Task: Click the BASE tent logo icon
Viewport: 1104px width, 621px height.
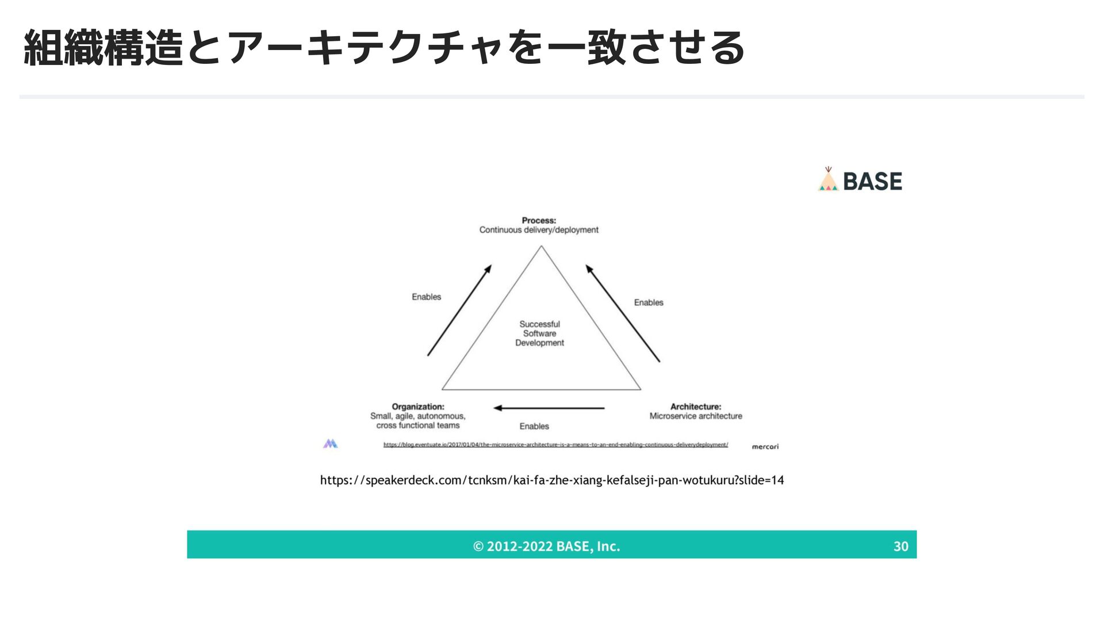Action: [828, 179]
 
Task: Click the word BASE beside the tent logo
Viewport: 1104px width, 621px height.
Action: [872, 182]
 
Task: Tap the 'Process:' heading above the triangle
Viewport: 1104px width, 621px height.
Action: [539, 220]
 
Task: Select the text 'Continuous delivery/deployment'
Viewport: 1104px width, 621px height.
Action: [539, 230]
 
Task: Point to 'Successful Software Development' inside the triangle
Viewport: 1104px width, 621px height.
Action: [539, 333]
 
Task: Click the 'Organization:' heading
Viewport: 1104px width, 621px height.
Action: [418, 407]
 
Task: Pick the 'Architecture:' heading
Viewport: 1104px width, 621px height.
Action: [696, 407]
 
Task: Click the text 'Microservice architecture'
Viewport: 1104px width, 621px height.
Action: [696, 416]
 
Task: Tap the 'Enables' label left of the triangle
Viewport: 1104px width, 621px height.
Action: [426, 297]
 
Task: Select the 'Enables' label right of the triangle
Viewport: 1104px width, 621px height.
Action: [649, 302]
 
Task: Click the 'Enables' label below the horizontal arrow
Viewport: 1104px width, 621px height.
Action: [534, 426]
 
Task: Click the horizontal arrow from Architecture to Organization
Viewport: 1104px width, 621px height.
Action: [549, 408]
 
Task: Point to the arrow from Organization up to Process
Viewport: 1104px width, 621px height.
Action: [459, 310]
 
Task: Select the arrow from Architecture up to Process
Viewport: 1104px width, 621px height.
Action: [623, 313]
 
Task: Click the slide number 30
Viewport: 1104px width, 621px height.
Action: [900, 546]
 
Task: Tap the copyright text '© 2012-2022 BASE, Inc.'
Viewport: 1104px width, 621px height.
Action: [546, 546]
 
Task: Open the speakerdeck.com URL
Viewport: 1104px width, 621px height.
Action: [552, 480]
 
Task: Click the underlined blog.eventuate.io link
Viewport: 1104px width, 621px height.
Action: [555, 444]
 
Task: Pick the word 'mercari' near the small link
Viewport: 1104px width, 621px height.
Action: [765, 447]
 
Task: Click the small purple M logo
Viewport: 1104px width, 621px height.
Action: [330, 443]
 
